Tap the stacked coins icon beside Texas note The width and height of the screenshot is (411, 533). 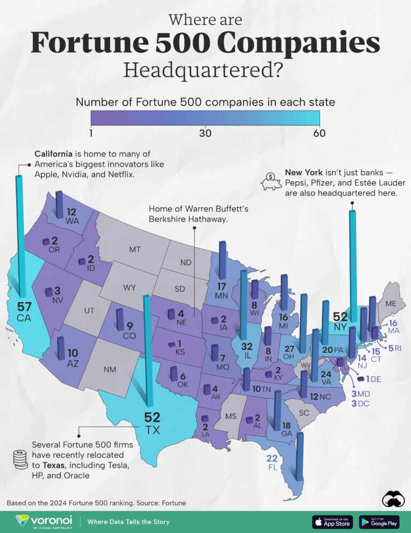20,460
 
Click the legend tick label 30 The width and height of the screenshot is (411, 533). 205,133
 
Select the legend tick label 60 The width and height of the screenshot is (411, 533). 319,133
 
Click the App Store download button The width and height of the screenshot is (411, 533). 332,521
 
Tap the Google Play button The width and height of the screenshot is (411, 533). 379,521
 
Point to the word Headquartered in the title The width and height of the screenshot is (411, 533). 205,70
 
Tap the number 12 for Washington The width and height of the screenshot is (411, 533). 72,211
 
